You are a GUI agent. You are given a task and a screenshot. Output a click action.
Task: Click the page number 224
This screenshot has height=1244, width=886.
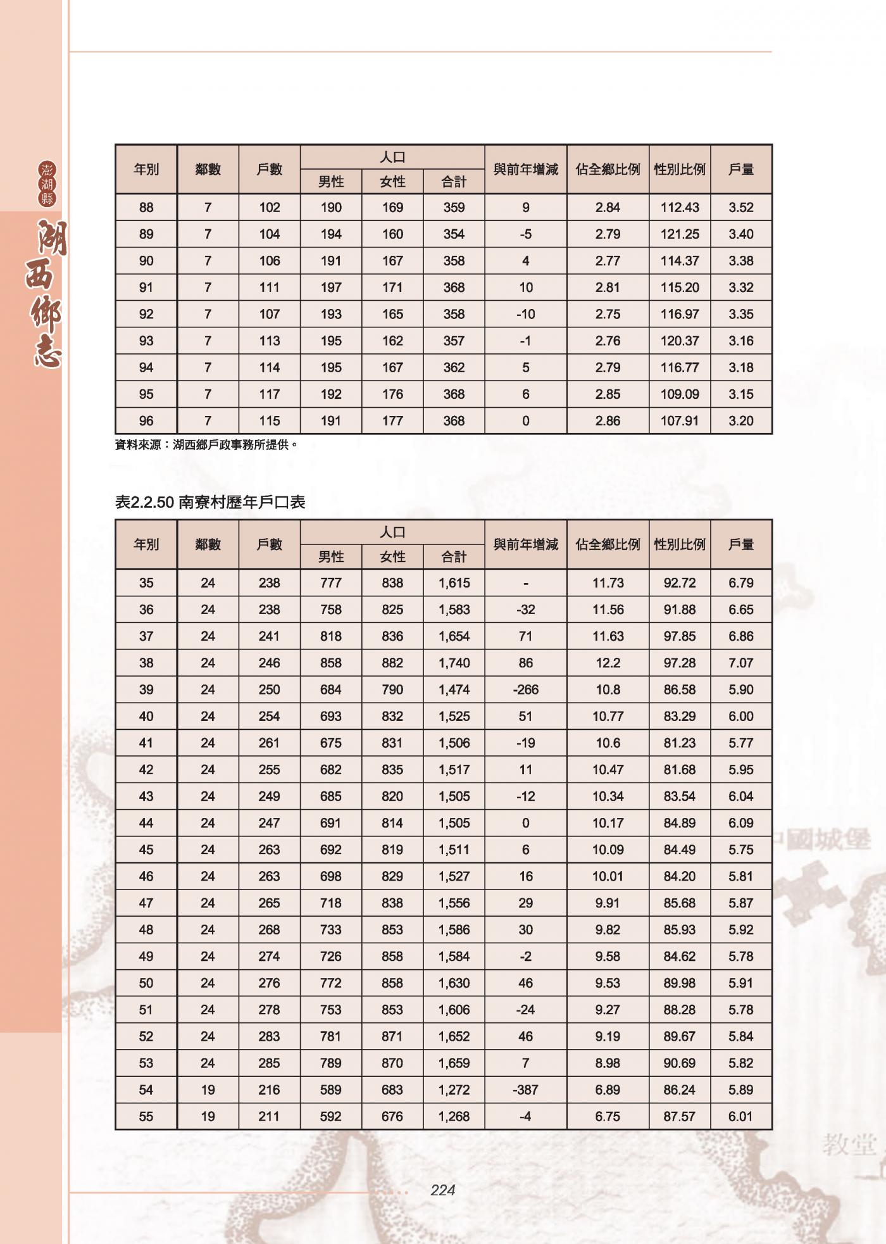442,1190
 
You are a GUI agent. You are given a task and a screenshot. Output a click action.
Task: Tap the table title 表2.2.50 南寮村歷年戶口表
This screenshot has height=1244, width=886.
210,502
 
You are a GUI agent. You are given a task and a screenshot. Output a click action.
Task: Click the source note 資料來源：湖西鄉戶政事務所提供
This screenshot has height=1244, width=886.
206,445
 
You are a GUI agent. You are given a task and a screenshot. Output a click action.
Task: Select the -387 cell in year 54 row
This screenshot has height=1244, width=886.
525,1090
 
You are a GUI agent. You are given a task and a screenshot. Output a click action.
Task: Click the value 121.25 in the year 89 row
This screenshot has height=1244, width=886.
680,234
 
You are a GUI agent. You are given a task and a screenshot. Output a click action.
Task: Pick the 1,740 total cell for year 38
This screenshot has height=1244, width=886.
454,663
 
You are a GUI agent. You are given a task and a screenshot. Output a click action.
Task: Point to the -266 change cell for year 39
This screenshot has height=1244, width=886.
525,689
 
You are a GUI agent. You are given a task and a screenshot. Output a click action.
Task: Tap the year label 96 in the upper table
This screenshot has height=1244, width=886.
146,420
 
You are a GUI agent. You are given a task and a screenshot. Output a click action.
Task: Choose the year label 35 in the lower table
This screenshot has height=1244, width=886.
146,583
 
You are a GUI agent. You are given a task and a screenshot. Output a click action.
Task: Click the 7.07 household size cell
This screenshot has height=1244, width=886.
740,663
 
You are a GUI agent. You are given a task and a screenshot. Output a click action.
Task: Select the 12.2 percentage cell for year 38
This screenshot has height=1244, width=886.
608,663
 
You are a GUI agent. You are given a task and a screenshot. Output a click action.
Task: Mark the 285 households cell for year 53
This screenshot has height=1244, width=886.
269,1063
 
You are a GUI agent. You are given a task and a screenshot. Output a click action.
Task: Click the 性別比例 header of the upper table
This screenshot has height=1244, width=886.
680,169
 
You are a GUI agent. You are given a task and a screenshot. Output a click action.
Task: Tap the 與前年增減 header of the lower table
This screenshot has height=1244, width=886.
525,544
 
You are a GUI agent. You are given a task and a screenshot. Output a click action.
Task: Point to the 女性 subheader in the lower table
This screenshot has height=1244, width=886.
392,556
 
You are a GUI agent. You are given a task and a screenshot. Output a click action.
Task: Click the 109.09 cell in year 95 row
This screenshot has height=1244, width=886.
680,394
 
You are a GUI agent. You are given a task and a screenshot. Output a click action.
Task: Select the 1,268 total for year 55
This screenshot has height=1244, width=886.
454,1116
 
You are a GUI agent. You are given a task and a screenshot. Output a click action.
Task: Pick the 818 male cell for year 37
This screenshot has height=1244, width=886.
331,636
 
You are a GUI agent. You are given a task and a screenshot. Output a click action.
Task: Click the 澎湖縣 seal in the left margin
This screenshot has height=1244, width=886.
47,184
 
